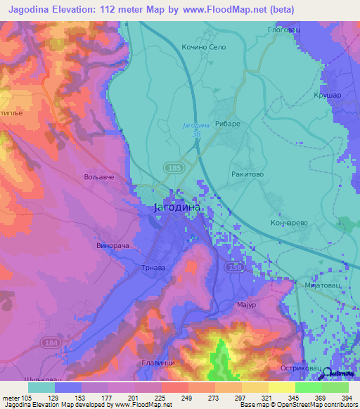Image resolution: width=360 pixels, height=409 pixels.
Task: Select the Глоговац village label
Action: [285, 30]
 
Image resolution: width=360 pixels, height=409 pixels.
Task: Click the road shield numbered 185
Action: [174, 167]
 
